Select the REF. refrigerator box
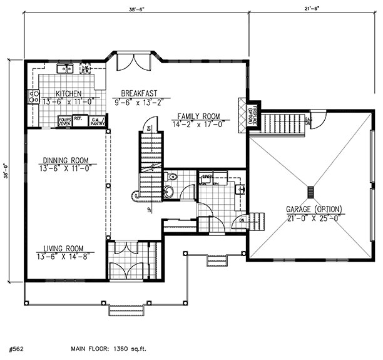[78, 118]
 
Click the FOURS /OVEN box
[64, 121]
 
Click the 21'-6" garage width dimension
[306, 8]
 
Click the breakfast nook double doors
[135, 62]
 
